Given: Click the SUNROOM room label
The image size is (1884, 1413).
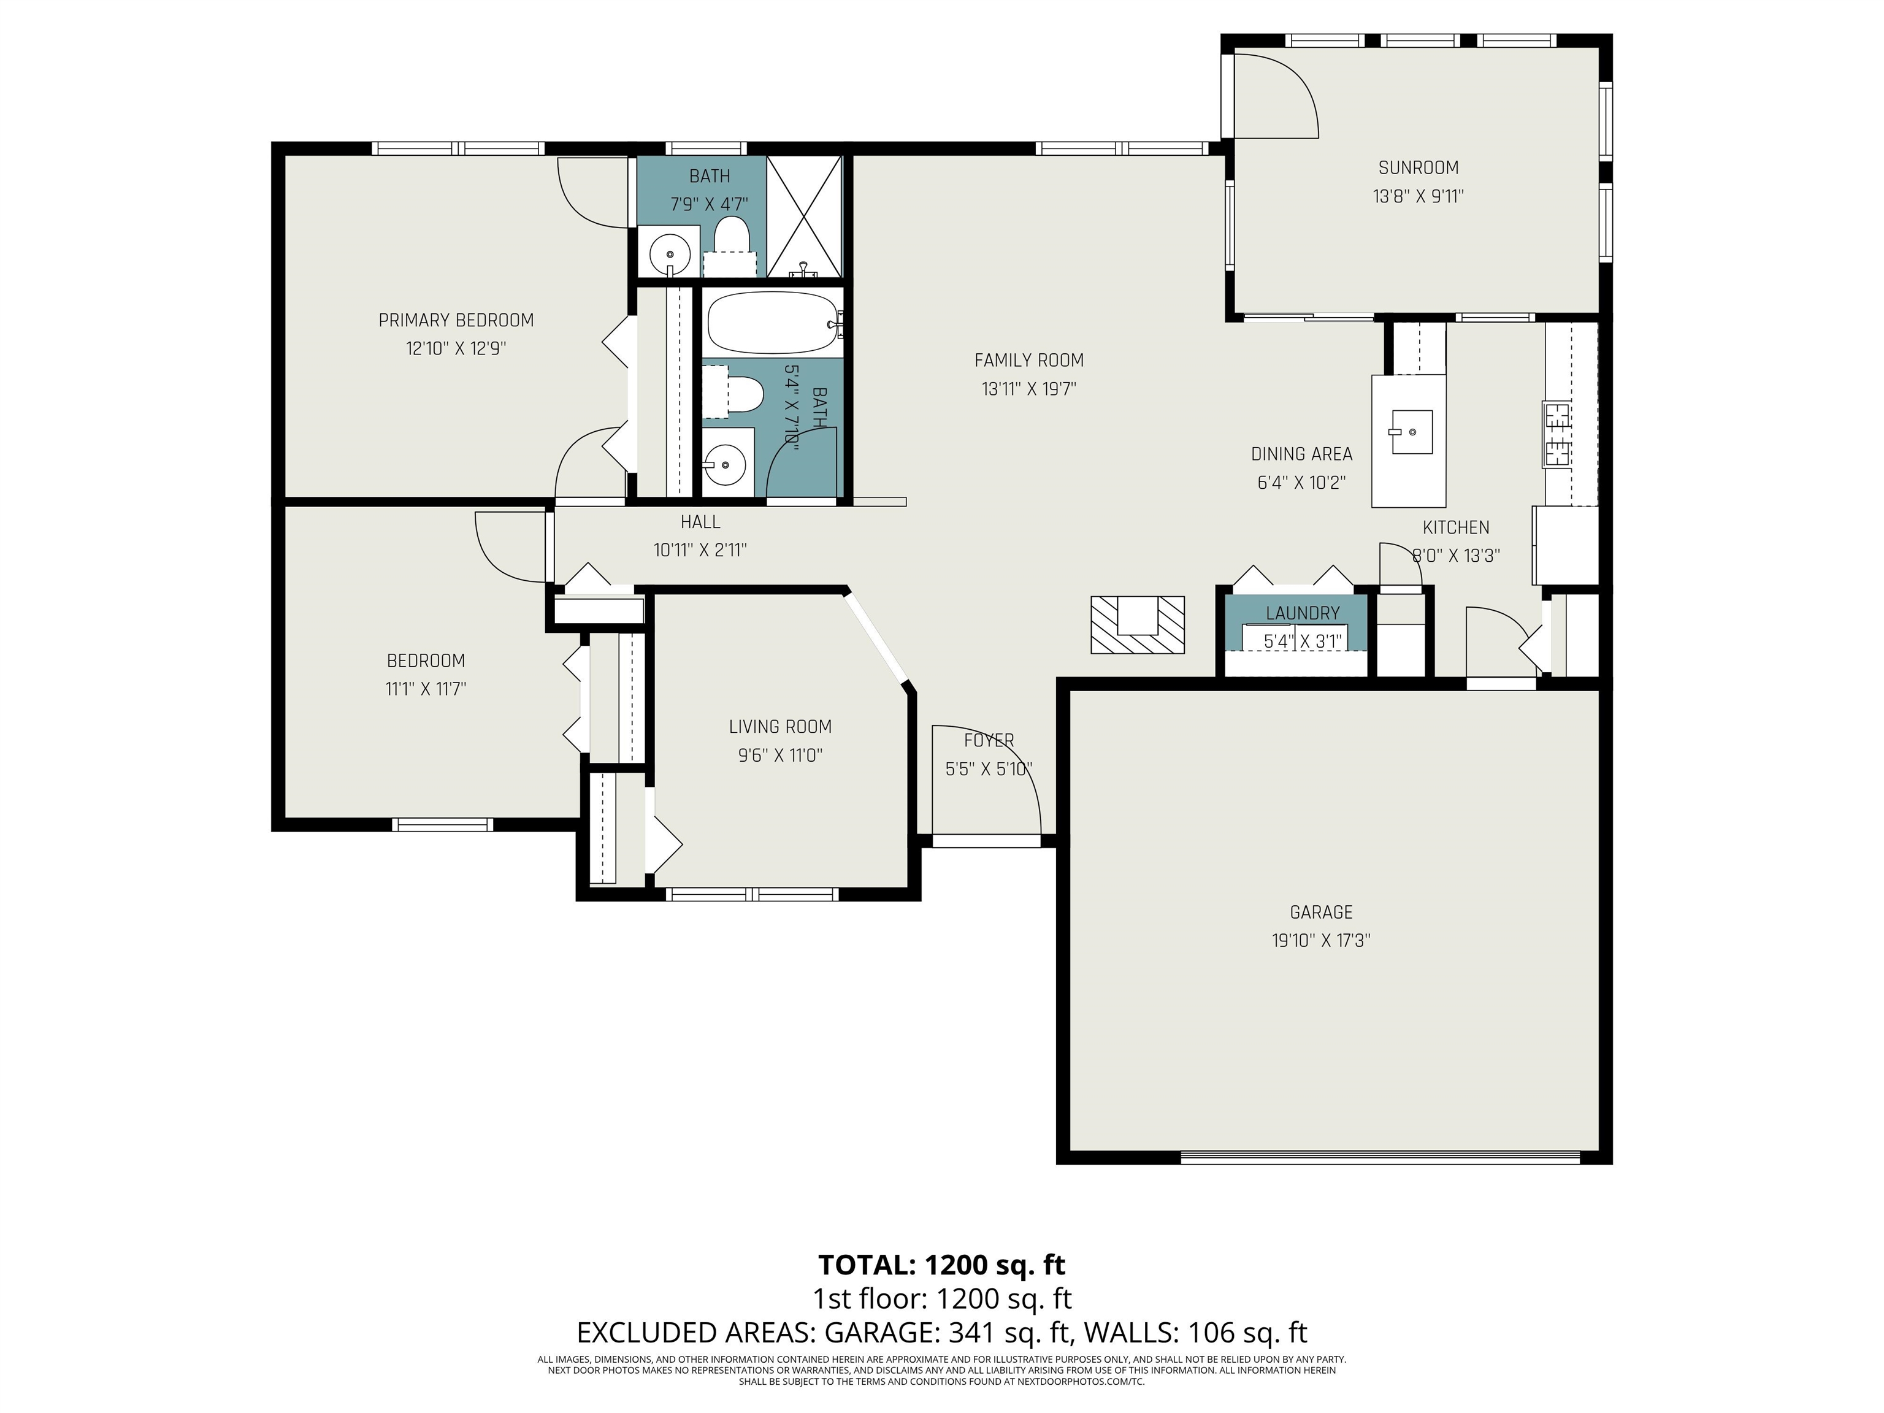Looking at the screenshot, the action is (1418, 168).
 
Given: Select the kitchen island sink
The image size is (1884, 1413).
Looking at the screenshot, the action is (1411, 432).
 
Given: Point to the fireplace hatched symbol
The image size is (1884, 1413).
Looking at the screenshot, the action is (1138, 624).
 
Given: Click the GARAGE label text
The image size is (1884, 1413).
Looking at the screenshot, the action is (1321, 912).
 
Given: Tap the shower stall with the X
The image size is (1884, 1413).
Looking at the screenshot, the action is (805, 216).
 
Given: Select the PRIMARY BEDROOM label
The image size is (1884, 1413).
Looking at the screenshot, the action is (456, 320).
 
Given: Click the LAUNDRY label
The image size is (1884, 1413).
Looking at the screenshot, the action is (1302, 613).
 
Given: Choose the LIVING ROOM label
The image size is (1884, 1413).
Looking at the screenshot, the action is (780, 727).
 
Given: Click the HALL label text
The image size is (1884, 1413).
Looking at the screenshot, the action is (700, 522).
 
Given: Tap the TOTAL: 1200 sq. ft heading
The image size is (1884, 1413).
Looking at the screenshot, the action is (942, 1265).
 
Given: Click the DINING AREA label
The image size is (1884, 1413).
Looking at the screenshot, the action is (1301, 454).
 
